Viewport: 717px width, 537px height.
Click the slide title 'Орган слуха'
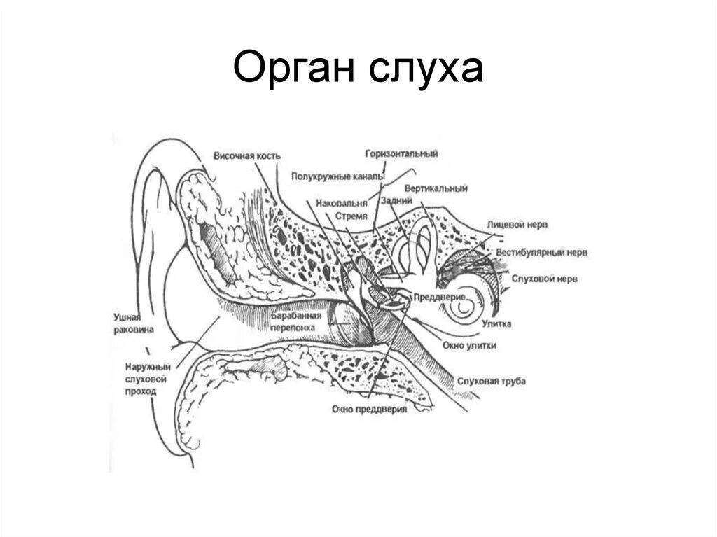point(358,70)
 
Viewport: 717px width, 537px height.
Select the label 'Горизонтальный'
point(401,153)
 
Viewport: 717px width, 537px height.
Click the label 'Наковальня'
point(341,202)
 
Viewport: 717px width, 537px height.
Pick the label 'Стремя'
point(351,216)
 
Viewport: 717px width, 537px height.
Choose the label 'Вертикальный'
point(436,189)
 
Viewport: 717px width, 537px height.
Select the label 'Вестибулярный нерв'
point(542,251)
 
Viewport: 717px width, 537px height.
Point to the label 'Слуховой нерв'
point(543,279)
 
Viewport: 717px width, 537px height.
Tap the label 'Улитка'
point(496,323)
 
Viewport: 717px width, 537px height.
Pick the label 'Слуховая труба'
point(491,381)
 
